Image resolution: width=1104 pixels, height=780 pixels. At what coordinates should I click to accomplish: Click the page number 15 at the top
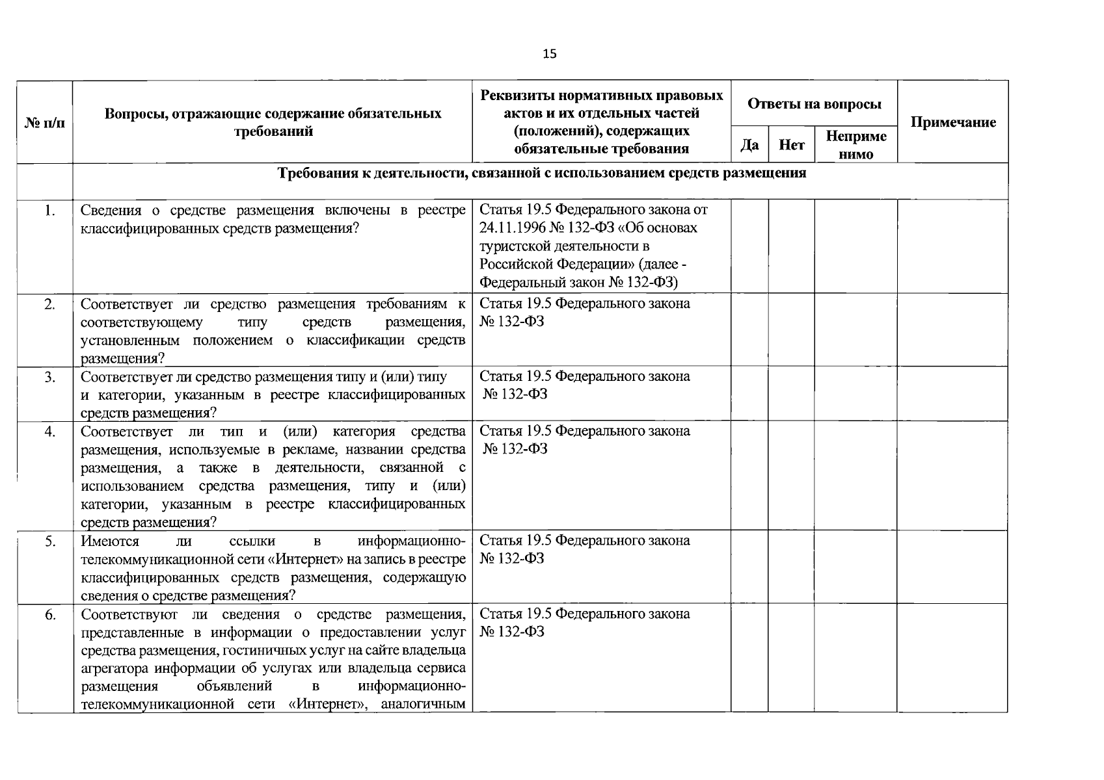[x=550, y=54]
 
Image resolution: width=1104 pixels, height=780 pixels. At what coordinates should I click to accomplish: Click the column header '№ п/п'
[x=45, y=122]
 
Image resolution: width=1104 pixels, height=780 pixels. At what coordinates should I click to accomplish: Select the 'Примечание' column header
[x=952, y=122]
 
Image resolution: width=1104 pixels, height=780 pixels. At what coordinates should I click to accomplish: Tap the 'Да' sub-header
[x=749, y=145]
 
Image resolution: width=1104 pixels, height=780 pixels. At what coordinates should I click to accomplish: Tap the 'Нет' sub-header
[x=791, y=145]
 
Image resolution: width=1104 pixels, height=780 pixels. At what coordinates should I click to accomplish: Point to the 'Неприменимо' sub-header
[x=855, y=145]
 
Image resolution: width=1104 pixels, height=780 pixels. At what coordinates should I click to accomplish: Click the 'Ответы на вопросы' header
[x=814, y=104]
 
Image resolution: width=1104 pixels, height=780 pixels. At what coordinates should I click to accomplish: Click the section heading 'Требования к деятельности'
[x=542, y=173]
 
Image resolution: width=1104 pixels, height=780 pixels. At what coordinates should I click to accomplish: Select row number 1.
[x=49, y=210]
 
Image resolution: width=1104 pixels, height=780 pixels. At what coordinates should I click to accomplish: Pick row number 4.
[x=49, y=431]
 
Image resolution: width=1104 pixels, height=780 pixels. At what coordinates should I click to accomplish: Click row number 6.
[x=49, y=614]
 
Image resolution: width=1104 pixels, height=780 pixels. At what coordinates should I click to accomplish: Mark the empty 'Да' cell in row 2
[x=749, y=330]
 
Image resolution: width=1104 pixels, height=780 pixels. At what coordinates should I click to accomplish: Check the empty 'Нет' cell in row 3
[x=791, y=394]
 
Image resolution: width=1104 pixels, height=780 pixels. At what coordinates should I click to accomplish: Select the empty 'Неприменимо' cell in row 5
[x=855, y=567]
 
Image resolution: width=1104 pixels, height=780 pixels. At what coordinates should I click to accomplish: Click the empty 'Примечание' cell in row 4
[x=952, y=476]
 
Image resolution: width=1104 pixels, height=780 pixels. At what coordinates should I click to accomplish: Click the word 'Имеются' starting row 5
[x=110, y=541]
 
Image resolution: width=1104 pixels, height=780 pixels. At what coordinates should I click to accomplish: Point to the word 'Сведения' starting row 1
[x=111, y=210]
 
